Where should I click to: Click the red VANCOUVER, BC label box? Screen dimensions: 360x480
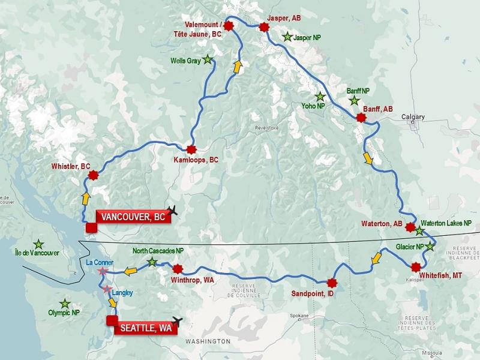tap(133, 217)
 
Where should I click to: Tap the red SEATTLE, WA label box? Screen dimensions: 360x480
tap(146, 328)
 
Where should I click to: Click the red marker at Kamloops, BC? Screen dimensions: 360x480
tap(191, 149)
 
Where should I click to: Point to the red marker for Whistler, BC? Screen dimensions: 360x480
tap(93, 175)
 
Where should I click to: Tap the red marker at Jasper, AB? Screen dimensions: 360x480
tap(263, 26)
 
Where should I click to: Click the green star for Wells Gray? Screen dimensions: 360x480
tap(208, 59)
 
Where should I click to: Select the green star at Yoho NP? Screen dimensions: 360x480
tap(320, 97)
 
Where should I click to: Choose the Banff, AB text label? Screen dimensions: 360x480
tap(378, 109)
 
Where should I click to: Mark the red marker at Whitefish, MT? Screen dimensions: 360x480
tap(416, 267)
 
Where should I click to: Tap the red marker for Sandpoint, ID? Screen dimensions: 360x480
tap(331, 283)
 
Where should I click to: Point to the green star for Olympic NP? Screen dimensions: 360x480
tap(65, 304)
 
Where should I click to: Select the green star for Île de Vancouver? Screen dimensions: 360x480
tap(38, 244)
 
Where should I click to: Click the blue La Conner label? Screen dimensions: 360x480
tap(99, 262)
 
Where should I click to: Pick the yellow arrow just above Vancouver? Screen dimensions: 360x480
tap(86, 197)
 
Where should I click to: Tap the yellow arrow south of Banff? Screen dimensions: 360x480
tap(368, 159)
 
